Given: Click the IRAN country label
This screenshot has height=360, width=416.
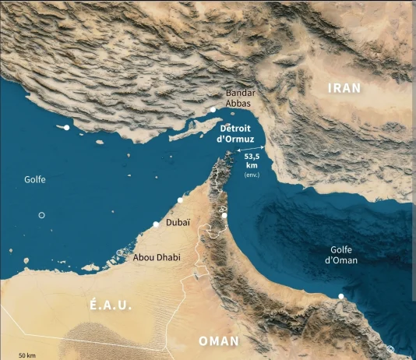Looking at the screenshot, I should [344, 88].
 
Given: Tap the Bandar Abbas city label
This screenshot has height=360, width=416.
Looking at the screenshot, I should [240, 97].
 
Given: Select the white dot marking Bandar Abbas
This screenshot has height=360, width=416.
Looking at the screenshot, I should [213, 110].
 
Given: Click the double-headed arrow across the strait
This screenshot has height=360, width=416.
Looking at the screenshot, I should [252, 147].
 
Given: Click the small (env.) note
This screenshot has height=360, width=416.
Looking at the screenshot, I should [252, 175].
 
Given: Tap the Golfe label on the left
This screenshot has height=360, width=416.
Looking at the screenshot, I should [34, 179].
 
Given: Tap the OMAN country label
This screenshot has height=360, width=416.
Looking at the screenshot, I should [219, 341].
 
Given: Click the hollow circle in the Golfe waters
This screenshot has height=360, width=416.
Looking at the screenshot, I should [42, 215].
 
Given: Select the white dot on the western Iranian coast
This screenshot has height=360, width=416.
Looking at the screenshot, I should [67, 126].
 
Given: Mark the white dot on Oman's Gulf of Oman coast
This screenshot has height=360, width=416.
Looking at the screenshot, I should [341, 296].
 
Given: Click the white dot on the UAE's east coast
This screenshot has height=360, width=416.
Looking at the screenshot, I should [224, 216].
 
